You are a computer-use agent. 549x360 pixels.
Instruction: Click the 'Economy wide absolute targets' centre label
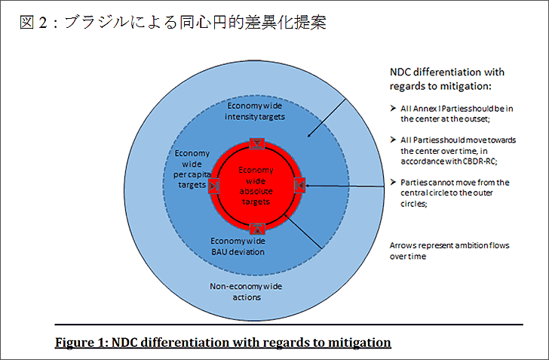point(256,186)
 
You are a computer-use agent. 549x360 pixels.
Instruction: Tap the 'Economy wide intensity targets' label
point(255,111)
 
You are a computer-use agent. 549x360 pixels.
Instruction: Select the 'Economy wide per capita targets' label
point(192,169)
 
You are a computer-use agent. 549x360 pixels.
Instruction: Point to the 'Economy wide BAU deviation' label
point(238,247)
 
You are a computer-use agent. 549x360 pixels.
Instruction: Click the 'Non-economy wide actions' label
point(246,291)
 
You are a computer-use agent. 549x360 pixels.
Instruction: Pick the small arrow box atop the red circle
point(257,143)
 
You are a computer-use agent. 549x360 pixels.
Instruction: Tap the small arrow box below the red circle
point(257,229)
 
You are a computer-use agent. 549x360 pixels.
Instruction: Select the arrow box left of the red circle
point(213,186)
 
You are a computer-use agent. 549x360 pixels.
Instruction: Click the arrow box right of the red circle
point(299,185)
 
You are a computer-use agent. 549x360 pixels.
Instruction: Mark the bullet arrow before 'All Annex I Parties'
point(393,108)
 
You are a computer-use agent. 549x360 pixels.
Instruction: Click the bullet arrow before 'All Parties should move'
point(393,140)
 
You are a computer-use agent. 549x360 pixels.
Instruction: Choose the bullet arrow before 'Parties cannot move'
point(393,182)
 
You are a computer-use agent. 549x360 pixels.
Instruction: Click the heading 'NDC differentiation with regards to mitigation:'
point(447,79)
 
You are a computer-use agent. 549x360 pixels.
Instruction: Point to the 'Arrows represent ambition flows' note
point(449,251)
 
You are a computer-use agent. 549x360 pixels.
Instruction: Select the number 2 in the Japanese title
point(43,23)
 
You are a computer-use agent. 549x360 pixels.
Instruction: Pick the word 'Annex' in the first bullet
point(425,109)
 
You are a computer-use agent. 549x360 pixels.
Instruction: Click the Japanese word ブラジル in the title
point(97,22)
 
